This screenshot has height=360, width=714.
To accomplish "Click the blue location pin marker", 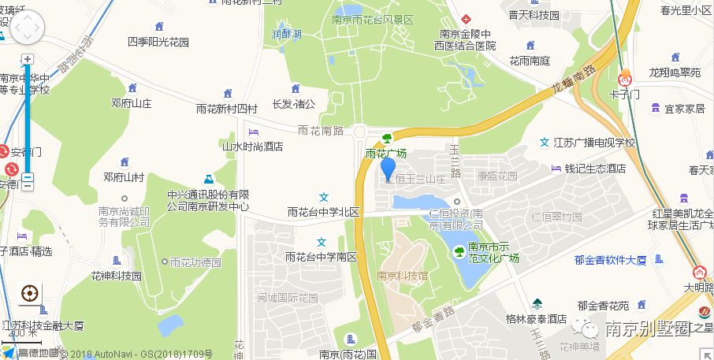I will pos(388,169).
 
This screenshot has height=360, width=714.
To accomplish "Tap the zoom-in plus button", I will pos(28,60).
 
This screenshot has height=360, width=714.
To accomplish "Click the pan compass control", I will pos(27,28).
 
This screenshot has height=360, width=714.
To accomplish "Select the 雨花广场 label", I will pos(386,154).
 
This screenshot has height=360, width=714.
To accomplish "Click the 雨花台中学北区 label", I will pos(323,212).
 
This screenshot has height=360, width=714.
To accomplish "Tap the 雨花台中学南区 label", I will pos(322,257).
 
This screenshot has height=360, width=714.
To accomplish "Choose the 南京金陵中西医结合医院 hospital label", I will pos(464,39).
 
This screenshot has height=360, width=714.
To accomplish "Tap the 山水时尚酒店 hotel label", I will pos(252,146).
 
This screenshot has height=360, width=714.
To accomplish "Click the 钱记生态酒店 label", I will pos(595,169).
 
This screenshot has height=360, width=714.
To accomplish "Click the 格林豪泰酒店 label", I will pos(536,319).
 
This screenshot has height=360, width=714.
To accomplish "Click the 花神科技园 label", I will pos(116,276).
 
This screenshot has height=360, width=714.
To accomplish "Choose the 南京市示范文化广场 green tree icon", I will pos(459,251).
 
